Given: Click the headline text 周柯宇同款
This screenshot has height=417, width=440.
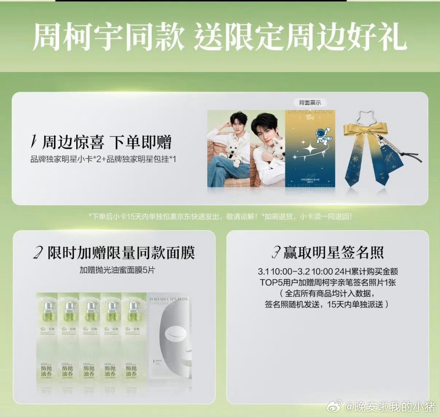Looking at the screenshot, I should pos(108,37).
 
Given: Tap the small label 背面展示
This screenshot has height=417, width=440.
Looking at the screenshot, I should pos(310,103).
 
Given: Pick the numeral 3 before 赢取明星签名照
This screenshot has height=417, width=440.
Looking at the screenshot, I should pos(277,252).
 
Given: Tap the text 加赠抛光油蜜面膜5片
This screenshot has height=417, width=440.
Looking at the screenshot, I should pos(117,270).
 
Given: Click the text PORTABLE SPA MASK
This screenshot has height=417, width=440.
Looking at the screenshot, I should pos(169,299).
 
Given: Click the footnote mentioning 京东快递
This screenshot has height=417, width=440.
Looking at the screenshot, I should pos(220,217).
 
